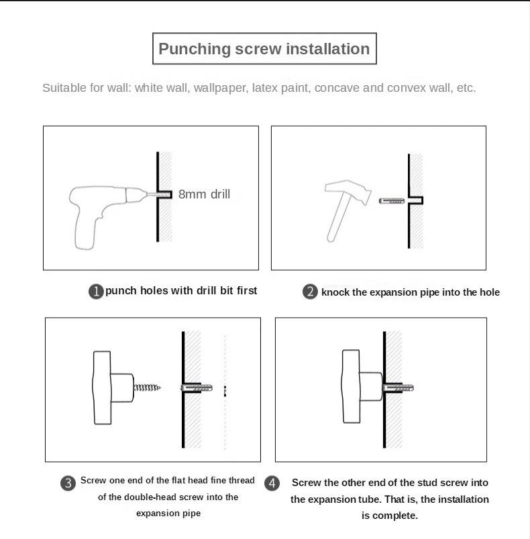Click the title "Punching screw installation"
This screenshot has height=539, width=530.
pos(264,49)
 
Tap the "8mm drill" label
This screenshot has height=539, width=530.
pos(205,194)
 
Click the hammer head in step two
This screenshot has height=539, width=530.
pos(348,191)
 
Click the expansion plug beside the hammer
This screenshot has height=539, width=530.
pos(392,200)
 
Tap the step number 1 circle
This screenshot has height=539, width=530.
pos(96,292)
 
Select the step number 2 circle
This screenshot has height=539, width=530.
pos(310,292)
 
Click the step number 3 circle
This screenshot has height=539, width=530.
pos(68,483)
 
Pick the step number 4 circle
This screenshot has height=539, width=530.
pos(272,483)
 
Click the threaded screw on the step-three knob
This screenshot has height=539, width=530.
pos(147,387)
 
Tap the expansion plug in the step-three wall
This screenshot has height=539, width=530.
pos(197,388)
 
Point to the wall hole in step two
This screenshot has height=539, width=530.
pos(416,200)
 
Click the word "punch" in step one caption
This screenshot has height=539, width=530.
pos(121,291)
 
